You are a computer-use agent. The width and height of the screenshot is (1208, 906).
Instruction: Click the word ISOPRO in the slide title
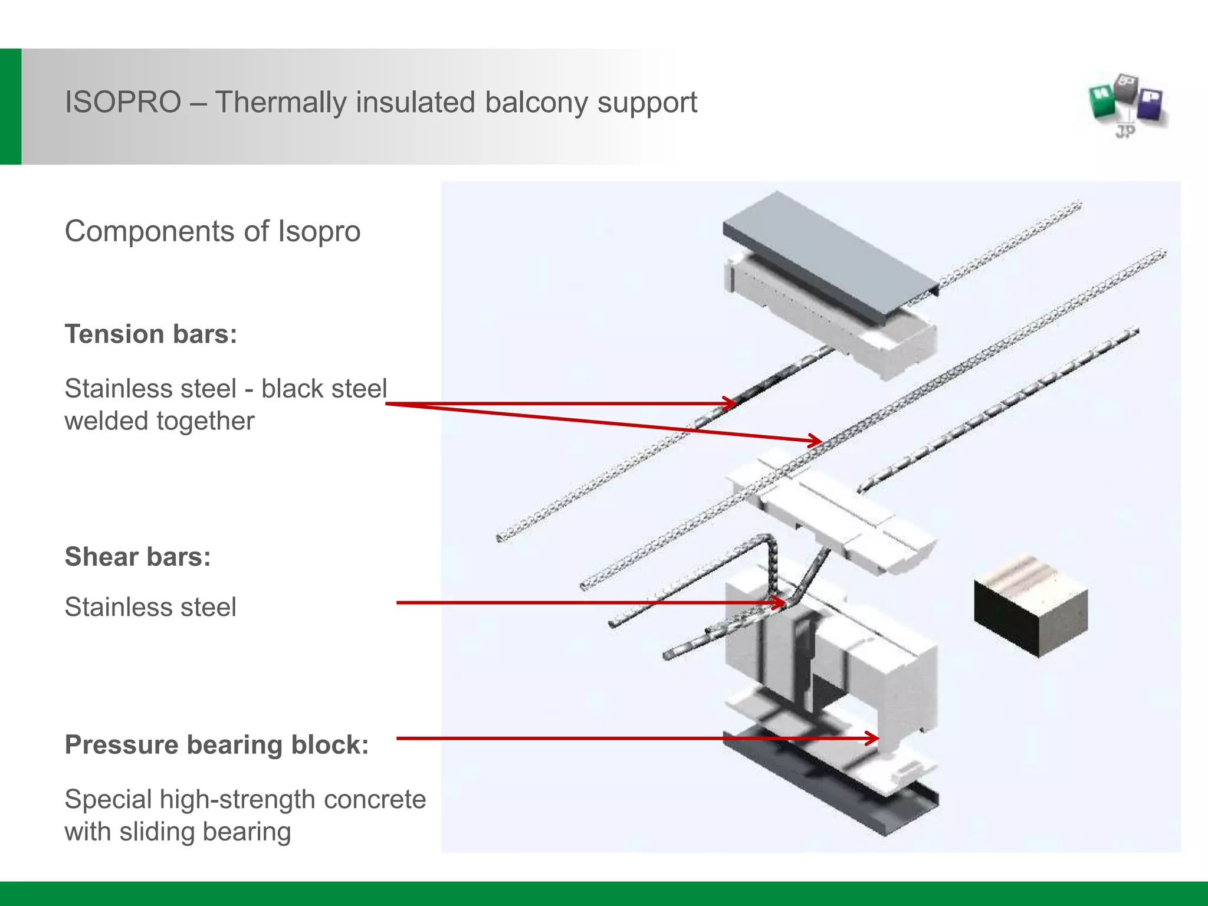click(123, 103)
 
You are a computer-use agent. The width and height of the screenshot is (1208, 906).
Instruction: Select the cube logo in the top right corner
click(1128, 106)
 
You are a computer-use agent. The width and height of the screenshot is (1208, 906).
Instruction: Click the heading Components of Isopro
click(212, 231)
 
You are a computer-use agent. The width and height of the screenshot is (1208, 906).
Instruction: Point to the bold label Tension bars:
click(151, 334)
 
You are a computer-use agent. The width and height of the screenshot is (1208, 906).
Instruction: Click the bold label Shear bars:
click(137, 557)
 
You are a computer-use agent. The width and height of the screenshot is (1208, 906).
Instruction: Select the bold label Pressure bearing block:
click(216, 745)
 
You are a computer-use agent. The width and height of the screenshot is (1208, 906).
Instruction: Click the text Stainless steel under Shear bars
click(150, 608)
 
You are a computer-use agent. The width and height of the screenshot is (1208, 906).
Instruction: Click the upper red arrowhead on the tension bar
click(730, 404)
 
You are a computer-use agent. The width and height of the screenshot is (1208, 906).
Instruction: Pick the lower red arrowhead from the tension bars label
click(815, 440)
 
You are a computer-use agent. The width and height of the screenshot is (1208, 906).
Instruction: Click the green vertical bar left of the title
click(11, 106)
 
